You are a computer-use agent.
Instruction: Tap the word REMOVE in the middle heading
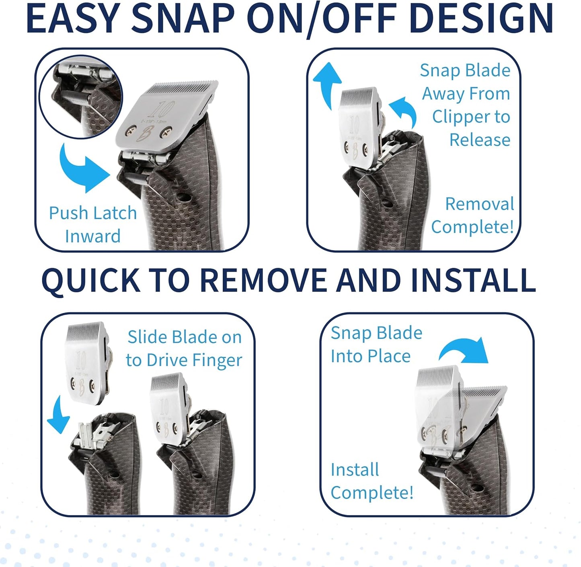pyautogui.click(x=263, y=280)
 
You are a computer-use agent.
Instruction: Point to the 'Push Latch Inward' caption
pyautogui.click(x=93, y=225)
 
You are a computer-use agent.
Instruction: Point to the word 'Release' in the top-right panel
pyautogui.click(x=480, y=140)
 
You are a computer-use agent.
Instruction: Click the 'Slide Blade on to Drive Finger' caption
pyautogui.click(x=184, y=348)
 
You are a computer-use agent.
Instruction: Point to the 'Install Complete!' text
pyautogui.click(x=372, y=481)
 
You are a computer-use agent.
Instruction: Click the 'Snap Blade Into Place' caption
pyautogui.click(x=376, y=344)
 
